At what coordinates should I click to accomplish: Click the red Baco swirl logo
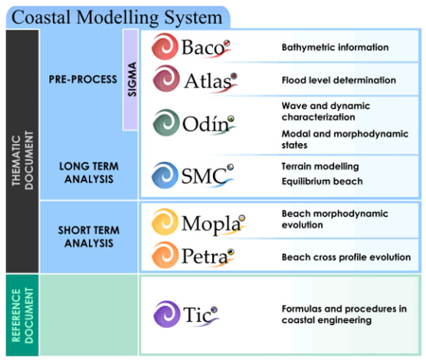coord(165,47)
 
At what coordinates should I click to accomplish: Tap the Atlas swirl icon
coord(166,79)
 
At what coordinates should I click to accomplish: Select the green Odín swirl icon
coord(166,123)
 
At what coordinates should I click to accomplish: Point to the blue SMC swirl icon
coord(165,175)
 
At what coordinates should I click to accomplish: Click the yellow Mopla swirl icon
coord(165,221)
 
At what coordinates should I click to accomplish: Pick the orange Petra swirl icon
coord(165,255)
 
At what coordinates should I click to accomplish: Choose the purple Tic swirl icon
coord(166,314)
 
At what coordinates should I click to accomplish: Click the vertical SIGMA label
coord(132,80)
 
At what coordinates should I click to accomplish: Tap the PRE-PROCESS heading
coord(83,80)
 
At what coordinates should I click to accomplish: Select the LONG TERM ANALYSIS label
coord(89,173)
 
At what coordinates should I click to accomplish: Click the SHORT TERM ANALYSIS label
coord(89,237)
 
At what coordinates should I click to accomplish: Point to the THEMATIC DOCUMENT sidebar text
coord(22,160)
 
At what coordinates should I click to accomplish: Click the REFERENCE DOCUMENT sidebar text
coord(22,316)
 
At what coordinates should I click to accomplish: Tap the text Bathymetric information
coord(336,47)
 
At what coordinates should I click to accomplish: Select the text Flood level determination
coord(339,80)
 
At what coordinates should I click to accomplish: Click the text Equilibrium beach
coord(323,182)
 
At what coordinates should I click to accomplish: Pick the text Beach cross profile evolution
coord(346,257)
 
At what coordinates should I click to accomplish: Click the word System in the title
coord(193,18)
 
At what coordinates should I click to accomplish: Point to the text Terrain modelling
coord(320,166)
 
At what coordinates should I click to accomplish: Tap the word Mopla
coord(211,224)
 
